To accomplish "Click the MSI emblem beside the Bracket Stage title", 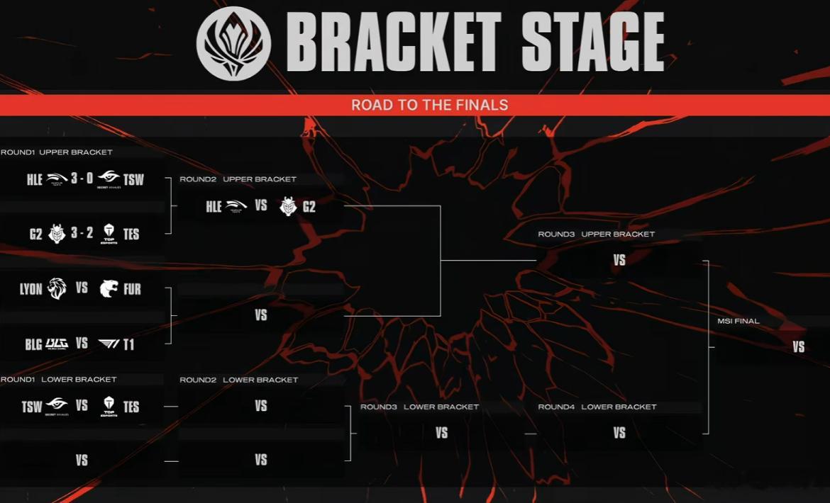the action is tap(233, 43).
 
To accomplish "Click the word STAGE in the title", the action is tap(592, 43).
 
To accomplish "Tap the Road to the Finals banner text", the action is tap(429, 105).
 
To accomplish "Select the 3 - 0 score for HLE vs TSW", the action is tap(82, 179).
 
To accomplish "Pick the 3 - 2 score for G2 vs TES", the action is tap(82, 232).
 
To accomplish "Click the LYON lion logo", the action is tap(57, 288).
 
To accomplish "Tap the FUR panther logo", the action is tap(109, 288).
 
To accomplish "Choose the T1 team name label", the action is tap(128, 345).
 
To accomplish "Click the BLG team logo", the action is tap(57, 344).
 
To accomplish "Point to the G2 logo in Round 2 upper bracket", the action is tap(289, 206).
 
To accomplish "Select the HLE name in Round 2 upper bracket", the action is tap(214, 207).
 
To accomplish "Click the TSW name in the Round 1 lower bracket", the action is tap(32, 407).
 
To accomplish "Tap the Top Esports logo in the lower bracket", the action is tap(109, 407).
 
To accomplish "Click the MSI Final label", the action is tap(738, 321).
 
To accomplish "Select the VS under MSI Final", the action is tap(798, 346).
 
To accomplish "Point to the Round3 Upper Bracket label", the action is tap(597, 234).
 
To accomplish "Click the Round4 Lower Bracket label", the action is tap(597, 407).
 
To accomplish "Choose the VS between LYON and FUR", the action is tap(82, 288).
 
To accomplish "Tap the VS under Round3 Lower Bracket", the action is tap(441, 433).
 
